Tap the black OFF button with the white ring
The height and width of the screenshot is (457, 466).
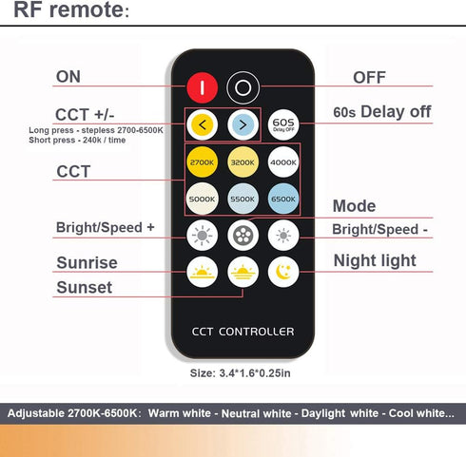[x=243, y=87]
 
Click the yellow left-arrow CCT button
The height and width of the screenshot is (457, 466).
[x=202, y=124]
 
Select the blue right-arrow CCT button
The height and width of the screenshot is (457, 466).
[x=243, y=124]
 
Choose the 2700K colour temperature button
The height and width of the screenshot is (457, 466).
[x=202, y=162]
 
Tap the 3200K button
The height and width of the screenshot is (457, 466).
[x=243, y=162]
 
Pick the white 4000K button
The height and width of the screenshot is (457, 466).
[x=283, y=162]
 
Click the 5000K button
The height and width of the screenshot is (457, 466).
[x=202, y=199]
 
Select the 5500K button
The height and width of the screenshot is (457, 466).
[x=243, y=199]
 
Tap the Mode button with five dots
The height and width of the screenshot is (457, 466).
[x=243, y=236]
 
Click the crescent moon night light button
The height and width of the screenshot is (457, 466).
[x=283, y=272]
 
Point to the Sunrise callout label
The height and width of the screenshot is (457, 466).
[x=87, y=263]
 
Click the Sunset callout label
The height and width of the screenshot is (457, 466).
[x=85, y=288]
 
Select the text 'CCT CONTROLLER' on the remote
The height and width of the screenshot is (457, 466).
[x=243, y=332]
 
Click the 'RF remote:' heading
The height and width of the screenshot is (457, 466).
[x=71, y=10]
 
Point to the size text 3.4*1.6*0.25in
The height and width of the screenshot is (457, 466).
[x=240, y=373]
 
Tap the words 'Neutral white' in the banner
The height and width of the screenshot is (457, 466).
[x=256, y=413]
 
